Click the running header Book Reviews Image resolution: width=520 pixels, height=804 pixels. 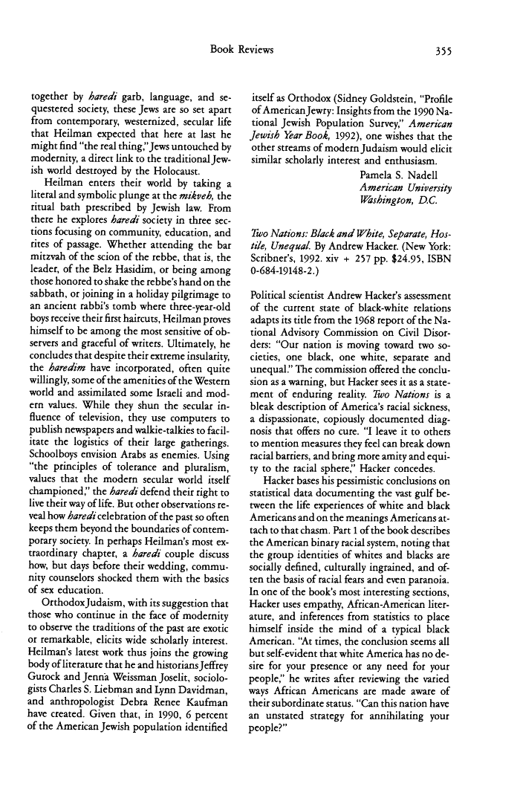click(x=242, y=51)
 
